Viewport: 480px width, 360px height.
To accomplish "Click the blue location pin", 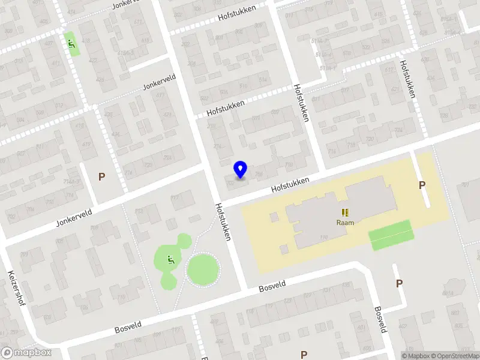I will point(240,170).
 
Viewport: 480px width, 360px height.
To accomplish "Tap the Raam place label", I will point(345,223).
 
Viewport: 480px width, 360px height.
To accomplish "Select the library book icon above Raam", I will point(345,212).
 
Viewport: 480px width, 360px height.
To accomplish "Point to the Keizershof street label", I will point(15,288).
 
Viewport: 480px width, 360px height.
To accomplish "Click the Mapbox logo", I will point(26,353).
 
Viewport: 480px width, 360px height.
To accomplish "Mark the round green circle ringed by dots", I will point(203,269).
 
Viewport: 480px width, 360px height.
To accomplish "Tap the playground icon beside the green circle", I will point(171,260).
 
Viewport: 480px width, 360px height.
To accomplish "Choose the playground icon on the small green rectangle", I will point(72,43).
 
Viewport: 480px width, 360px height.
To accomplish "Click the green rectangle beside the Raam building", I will point(391,235).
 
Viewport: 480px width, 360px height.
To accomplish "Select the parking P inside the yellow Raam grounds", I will point(422,185).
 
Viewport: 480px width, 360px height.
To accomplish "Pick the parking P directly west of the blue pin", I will point(101,176).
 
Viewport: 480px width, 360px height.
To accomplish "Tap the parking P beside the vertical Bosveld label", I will point(399,283).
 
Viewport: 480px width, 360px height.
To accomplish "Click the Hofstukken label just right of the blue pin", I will point(290,184).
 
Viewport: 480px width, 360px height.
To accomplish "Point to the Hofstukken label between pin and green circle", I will point(223,221).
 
